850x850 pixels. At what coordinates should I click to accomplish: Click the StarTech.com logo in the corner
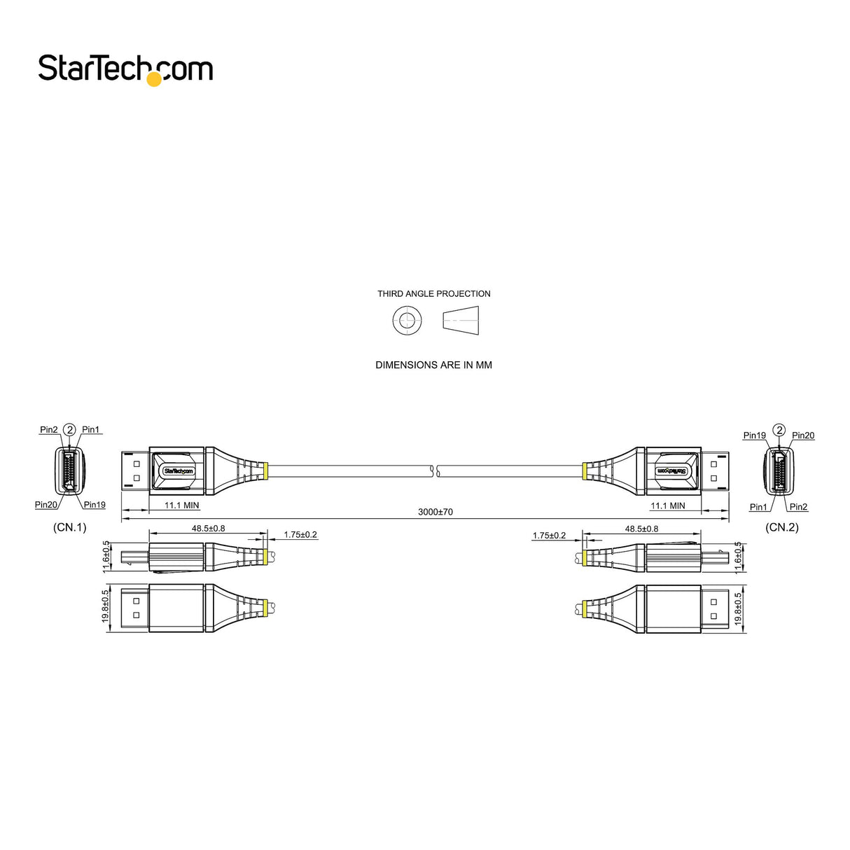click(125, 69)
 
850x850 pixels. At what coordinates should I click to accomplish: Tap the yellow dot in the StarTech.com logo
click(153, 80)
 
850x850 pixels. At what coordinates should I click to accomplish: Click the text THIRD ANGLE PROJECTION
click(433, 294)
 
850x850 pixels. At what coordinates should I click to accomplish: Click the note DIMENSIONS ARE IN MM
click(433, 365)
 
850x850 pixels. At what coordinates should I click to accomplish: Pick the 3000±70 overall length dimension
click(436, 512)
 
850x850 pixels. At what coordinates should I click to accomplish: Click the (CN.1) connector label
click(70, 527)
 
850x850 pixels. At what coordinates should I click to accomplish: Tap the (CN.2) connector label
click(781, 527)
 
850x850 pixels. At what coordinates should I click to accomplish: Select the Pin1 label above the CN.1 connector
click(91, 430)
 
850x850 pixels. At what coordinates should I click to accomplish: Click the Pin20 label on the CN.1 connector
click(46, 505)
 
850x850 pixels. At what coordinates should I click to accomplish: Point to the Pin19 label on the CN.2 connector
click(754, 436)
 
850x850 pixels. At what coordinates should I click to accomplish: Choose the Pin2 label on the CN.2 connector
click(798, 507)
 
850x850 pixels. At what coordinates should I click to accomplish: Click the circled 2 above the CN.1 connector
click(69, 429)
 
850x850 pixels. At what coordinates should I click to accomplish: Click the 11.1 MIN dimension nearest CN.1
click(181, 505)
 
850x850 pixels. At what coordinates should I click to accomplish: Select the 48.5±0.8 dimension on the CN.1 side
click(209, 529)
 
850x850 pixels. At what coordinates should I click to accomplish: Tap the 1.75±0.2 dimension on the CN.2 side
click(549, 536)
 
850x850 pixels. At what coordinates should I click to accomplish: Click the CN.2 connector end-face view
click(778, 471)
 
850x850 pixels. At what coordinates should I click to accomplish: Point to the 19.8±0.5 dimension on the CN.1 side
click(106, 606)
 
